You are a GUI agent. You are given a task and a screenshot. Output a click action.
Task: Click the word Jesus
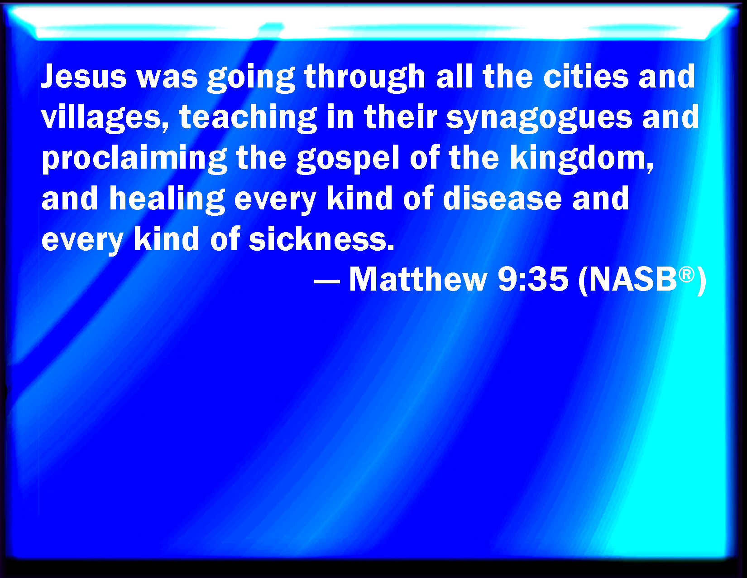[x=84, y=77]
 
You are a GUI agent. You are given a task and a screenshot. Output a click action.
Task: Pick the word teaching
[x=248, y=118]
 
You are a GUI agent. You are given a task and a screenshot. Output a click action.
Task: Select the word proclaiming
[x=134, y=159]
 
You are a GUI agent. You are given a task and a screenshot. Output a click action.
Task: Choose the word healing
[x=167, y=199]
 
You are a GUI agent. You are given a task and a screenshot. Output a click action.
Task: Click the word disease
[x=502, y=198]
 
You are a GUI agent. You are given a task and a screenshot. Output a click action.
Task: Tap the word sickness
[x=321, y=238]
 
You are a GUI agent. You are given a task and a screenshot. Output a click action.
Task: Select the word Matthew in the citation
[x=418, y=280]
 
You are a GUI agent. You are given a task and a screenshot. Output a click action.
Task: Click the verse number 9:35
[x=533, y=280]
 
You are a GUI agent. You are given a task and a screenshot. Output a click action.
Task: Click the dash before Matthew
[x=327, y=282]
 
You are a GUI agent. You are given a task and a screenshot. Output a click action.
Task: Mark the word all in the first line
[x=455, y=77]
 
